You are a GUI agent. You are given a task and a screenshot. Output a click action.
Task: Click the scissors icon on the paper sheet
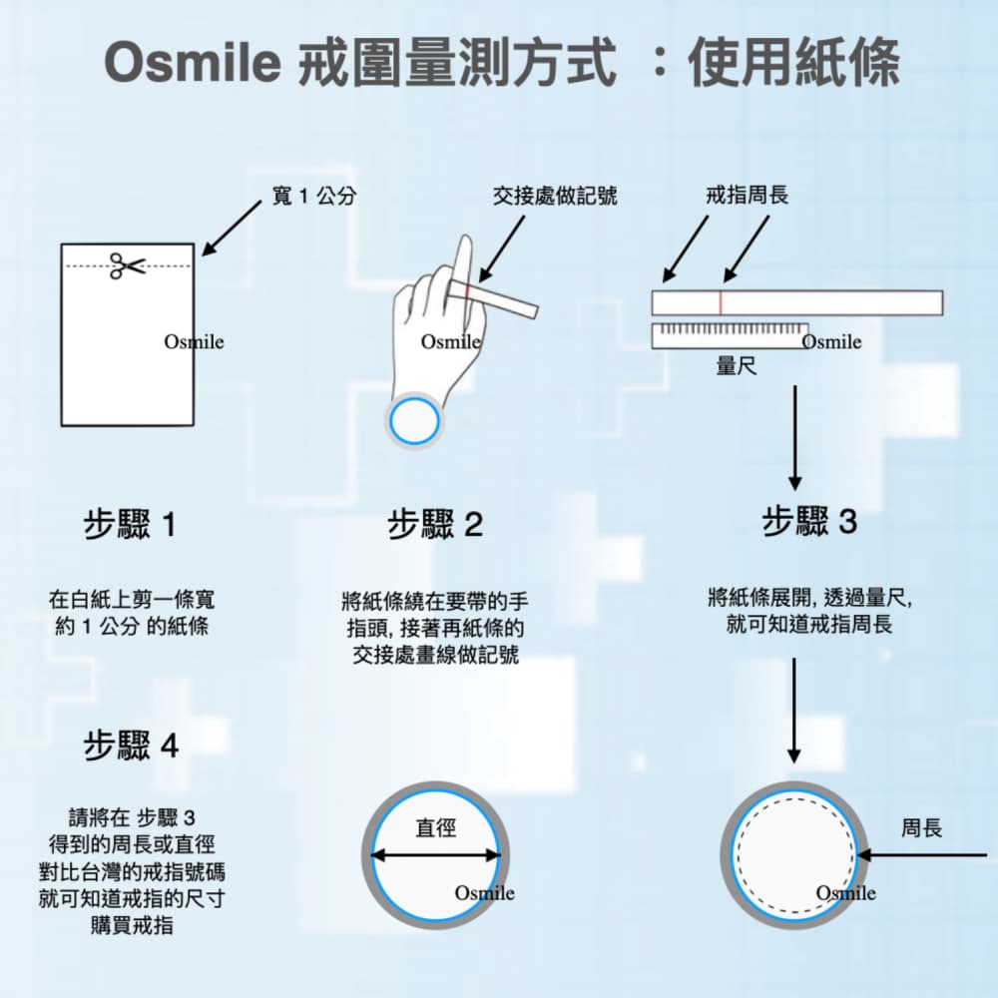[127, 265]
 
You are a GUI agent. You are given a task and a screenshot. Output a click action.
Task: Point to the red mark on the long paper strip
[720, 302]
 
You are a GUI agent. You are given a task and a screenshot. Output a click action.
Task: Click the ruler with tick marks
[730, 335]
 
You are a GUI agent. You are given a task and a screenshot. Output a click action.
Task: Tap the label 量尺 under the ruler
[736, 366]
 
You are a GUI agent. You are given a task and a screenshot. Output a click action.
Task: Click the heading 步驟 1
[130, 524]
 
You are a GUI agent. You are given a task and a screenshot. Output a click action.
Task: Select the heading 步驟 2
[435, 525]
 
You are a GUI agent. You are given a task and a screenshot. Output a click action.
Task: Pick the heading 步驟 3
[809, 521]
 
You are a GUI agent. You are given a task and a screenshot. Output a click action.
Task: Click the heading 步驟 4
[131, 746]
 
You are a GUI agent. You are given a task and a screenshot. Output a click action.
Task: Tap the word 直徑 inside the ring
[435, 827]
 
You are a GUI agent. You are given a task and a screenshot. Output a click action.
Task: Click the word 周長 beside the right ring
[921, 828]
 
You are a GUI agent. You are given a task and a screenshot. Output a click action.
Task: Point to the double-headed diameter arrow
[435, 855]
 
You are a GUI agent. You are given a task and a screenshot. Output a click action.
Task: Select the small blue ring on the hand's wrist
[413, 421]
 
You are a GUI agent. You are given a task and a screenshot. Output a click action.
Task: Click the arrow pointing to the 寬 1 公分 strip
[234, 224]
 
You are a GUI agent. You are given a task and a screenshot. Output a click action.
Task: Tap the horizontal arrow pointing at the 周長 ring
[922, 855]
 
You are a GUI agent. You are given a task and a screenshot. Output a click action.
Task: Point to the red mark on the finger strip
[466, 289]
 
